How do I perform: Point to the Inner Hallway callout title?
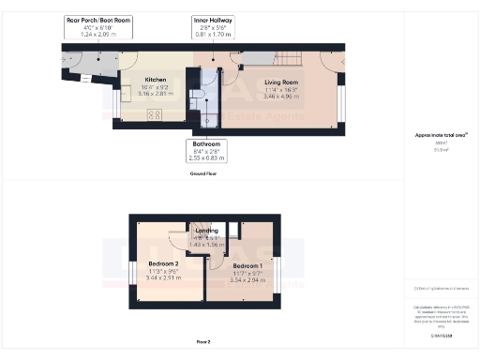[x=213, y=19]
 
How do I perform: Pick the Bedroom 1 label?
[x=248, y=265]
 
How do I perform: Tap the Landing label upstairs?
[x=207, y=231]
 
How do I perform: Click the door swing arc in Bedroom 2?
[x=177, y=238]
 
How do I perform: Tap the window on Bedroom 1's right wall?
[x=277, y=262]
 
